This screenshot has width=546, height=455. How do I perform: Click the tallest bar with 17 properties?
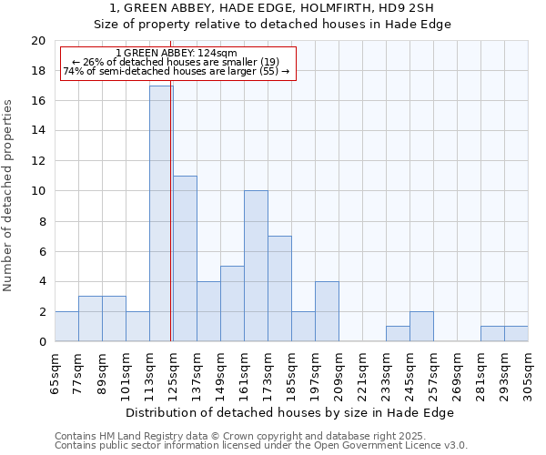pos(161,214)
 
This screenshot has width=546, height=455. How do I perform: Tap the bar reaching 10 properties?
pos(256,266)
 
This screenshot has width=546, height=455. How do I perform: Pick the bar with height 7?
pos(279,288)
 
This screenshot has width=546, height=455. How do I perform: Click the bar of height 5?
pos(232,304)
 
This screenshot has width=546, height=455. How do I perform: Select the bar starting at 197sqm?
pos(327,311)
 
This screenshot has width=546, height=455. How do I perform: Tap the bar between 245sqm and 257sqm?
pos(421,327)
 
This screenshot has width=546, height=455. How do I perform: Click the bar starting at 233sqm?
pos(398,334)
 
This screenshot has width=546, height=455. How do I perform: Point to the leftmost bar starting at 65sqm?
pos(66,327)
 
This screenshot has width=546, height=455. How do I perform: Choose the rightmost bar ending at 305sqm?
pos(516,334)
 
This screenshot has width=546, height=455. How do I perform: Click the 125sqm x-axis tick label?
pos(173,374)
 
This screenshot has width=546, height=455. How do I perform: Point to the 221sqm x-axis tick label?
pos(362,374)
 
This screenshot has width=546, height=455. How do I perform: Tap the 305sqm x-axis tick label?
pos(528,374)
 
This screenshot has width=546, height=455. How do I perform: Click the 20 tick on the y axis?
pos(38,41)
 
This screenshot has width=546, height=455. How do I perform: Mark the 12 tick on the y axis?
pos(38,161)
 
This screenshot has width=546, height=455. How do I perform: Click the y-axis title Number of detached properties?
pos(9,196)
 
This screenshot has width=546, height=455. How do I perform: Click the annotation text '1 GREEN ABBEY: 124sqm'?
pos(177,54)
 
